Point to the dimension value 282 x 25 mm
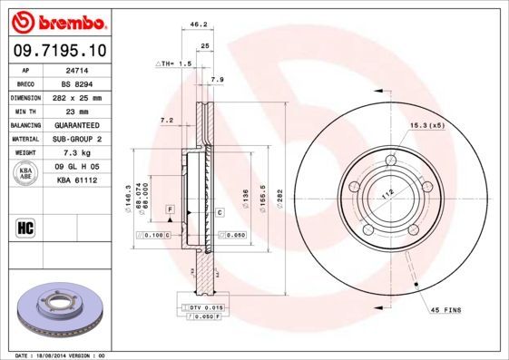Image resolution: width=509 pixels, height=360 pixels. coord(75,96)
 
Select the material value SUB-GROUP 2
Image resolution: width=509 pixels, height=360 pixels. coord(75,139)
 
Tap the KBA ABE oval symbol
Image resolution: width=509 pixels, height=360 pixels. coord(26,172)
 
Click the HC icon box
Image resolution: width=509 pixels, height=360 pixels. coord(26,227)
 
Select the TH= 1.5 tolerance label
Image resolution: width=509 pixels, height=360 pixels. coord(175,64)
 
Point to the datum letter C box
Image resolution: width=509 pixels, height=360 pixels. coord(220,211)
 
